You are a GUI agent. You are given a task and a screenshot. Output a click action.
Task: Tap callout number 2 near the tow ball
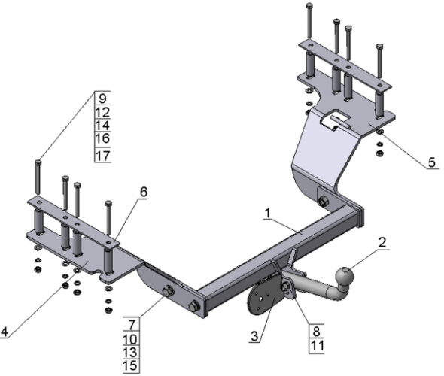383,243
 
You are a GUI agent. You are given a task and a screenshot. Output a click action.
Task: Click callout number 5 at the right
431,161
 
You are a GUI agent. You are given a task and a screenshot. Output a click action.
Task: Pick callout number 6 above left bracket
142,192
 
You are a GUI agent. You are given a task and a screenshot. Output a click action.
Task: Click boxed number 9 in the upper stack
102,98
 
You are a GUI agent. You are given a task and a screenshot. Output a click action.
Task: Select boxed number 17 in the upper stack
102,156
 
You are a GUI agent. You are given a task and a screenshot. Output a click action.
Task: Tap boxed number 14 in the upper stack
102,126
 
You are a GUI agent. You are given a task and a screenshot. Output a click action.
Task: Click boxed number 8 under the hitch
315,330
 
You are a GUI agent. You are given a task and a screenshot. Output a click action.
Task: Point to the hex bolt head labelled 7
167,292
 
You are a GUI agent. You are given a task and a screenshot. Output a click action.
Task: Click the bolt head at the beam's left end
196,306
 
